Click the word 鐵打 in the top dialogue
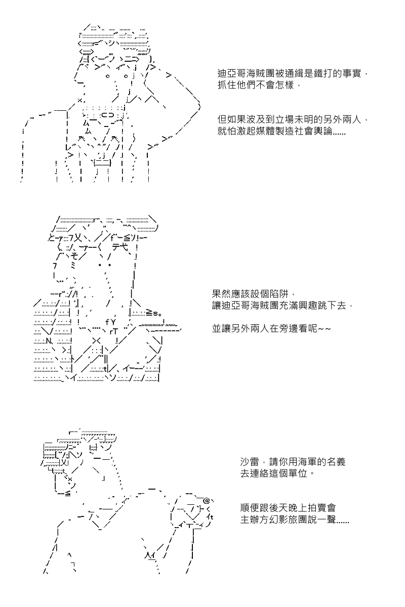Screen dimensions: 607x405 (328, 74)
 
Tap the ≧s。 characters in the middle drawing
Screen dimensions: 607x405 (153, 313)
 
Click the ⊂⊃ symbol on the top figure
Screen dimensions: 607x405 (108, 115)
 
